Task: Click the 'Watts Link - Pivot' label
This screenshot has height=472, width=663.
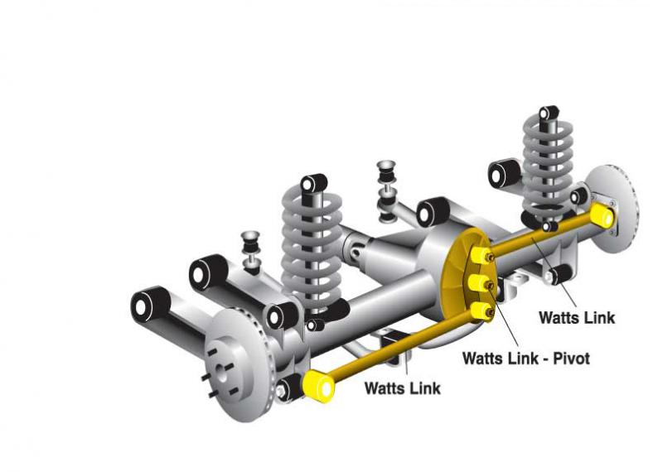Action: pos(526,359)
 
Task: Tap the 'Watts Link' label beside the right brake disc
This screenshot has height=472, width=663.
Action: pos(577,317)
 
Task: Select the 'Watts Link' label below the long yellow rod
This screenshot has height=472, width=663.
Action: pos(403,388)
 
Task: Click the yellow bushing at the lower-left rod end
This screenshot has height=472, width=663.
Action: pos(319,386)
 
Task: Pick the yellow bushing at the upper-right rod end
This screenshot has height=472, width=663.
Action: pos(603,215)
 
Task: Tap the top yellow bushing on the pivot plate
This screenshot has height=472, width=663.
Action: pos(480,255)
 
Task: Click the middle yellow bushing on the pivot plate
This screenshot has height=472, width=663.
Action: pos(479,283)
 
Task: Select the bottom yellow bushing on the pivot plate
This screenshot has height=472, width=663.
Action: pos(481,311)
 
